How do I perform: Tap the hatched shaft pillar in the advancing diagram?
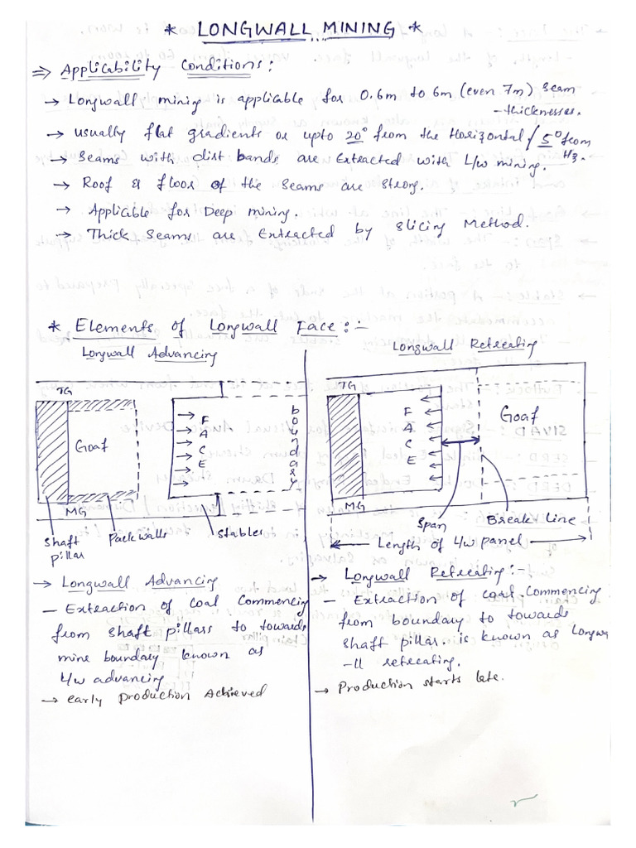(51, 452)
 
